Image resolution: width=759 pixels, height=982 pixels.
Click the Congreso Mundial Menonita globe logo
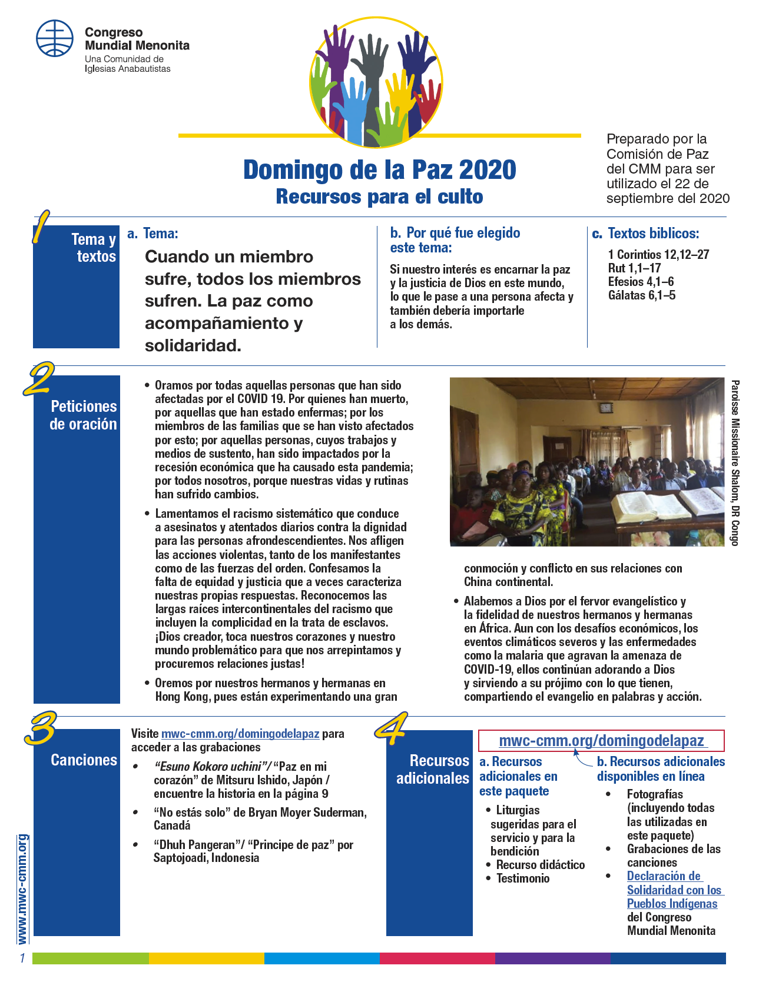tap(55, 38)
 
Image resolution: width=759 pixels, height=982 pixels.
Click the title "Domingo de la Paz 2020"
tap(379, 170)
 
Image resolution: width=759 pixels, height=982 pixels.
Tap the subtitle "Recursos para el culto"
tap(379, 197)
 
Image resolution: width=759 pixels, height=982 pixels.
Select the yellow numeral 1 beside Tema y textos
tap(40, 228)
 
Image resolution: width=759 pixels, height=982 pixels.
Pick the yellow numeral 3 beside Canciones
tap(39, 728)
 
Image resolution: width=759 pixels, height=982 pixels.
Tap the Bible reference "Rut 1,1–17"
tap(634, 268)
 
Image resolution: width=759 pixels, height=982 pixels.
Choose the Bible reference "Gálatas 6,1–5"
tap(641, 295)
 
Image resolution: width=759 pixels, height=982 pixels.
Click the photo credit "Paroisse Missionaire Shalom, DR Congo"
tap(735, 462)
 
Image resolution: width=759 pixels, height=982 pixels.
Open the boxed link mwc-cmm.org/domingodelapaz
tap(601, 741)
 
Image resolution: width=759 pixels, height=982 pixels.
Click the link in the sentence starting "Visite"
tap(240, 734)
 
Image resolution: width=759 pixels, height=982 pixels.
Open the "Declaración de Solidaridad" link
tap(672, 890)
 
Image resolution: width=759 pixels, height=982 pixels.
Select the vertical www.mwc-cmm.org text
tap(22, 888)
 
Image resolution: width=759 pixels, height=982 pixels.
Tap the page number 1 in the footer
tap(22, 958)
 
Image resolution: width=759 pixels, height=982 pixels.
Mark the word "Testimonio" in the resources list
tap(523, 878)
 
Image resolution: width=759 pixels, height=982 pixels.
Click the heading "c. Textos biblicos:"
tap(645, 234)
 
